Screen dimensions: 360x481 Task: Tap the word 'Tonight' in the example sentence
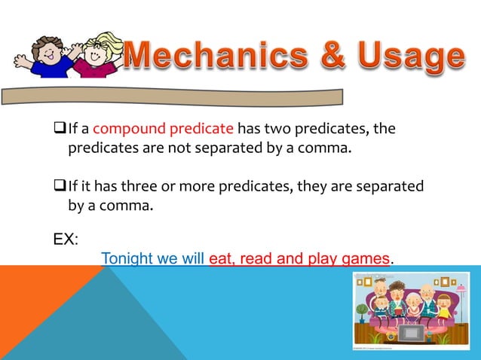tap(126, 259)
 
